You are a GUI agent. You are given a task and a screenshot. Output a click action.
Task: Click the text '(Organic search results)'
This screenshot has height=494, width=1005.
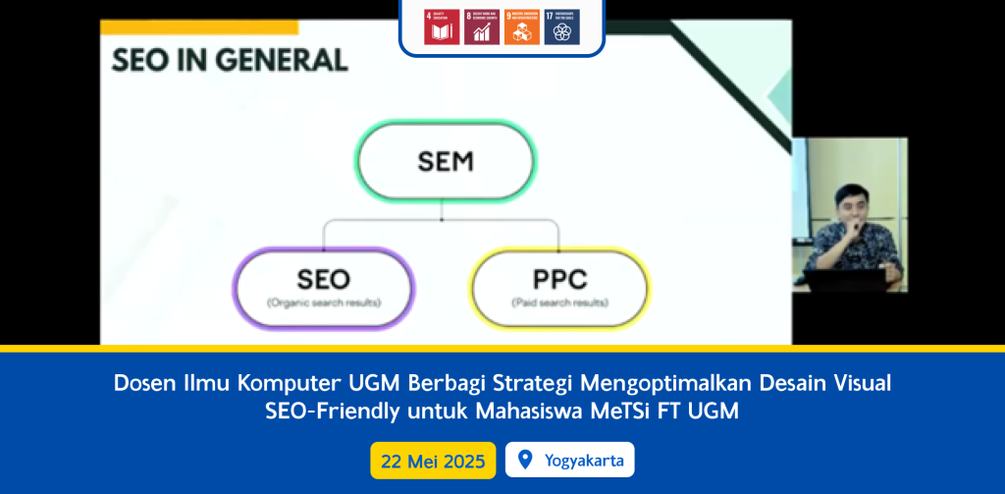pos(324,302)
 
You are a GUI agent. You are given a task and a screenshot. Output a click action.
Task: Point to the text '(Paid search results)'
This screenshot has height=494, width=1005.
pos(559,302)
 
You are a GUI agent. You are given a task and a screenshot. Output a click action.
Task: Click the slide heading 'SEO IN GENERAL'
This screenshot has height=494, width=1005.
pos(229,61)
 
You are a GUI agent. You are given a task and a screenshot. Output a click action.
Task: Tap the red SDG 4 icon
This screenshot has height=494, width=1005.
pos(440,27)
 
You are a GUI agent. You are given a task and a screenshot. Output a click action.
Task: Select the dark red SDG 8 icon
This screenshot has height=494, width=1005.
pos(481,27)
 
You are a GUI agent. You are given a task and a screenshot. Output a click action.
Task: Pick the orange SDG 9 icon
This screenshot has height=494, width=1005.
pos(521,27)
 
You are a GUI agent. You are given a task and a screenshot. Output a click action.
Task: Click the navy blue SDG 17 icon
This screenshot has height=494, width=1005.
pos(562,27)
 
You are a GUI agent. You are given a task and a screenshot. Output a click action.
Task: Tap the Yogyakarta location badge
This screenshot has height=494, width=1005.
pos(569,460)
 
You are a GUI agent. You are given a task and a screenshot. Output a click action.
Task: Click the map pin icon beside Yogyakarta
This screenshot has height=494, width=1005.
pos(524,460)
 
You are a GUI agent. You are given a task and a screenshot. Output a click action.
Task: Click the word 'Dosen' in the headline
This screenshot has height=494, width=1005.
pos(141,382)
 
